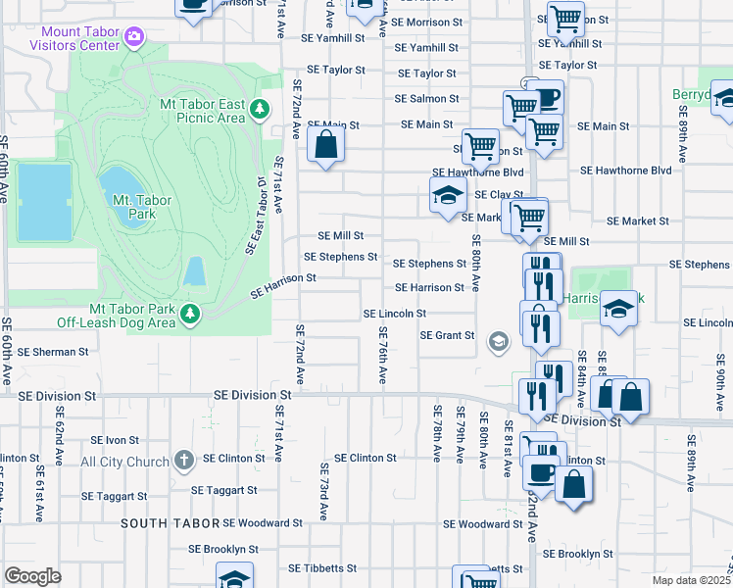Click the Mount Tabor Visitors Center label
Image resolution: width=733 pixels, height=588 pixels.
(73, 37)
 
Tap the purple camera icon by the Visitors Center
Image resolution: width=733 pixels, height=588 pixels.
(133, 38)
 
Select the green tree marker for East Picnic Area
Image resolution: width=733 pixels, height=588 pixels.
(260, 108)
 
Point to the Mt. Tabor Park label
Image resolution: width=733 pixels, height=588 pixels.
(143, 207)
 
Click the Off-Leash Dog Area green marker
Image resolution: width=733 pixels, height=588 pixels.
(190, 314)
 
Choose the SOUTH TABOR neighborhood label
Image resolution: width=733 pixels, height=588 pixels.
(168, 523)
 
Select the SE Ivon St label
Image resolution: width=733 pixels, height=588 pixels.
(115, 441)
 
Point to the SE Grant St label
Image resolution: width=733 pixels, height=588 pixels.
(448, 335)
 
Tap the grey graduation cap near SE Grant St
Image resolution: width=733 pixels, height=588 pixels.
(498, 341)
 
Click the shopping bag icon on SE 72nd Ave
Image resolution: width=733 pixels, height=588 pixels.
(325, 146)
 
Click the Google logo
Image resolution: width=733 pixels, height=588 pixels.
(32, 575)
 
